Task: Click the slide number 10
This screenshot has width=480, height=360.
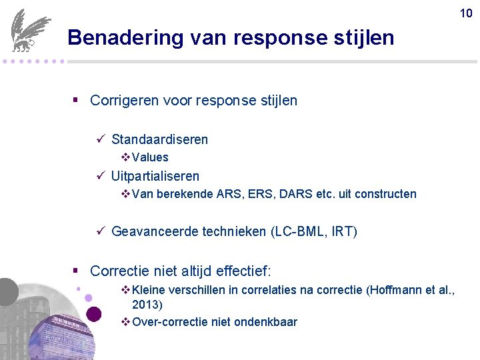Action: pyautogui.click(x=465, y=12)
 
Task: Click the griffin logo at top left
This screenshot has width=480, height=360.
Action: pyautogui.click(x=29, y=30)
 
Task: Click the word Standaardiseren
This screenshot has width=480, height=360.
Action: pyautogui.click(x=159, y=139)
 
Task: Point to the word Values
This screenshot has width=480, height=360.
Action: pyautogui.click(x=150, y=157)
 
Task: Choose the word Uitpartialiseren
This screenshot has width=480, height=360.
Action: pyautogui.click(x=155, y=176)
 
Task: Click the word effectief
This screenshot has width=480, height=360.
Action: pyautogui.click(x=241, y=271)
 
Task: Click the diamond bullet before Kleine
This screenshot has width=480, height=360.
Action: pyautogui.click(x=126, y=289)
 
